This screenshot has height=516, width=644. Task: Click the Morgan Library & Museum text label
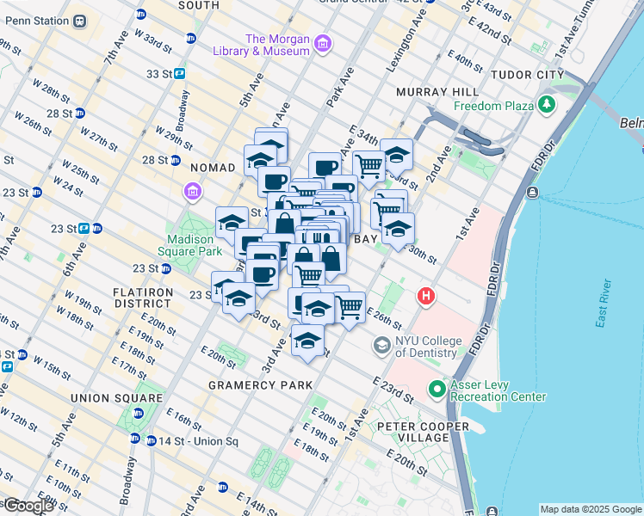pyautogui.click(x=277, y=45)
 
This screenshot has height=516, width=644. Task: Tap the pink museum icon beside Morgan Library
pyautogui.click(x=323, y=43)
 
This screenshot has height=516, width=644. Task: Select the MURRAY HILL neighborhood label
pyautogui.click(x=437, y=92)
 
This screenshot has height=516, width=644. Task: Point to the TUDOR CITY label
pyautogui.click(x=526, y=75)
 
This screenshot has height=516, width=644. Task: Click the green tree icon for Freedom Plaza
pyautogui.click(x=546, y=107)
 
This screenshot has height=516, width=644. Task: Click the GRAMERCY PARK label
pyautogui.click(x=259, y=384)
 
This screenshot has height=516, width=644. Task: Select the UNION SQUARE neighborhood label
pyautogui.click(x=116, y=398)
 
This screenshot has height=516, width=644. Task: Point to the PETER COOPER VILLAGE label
pyautogui.click(x=421, y=432)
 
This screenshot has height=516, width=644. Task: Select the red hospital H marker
pyautogui.click(x=425, y=298)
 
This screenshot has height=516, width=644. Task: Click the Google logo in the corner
pyautogui.click(x=28, y=506)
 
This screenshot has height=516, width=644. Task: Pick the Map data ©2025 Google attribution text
pyautogui.click(x=590, y=508)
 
